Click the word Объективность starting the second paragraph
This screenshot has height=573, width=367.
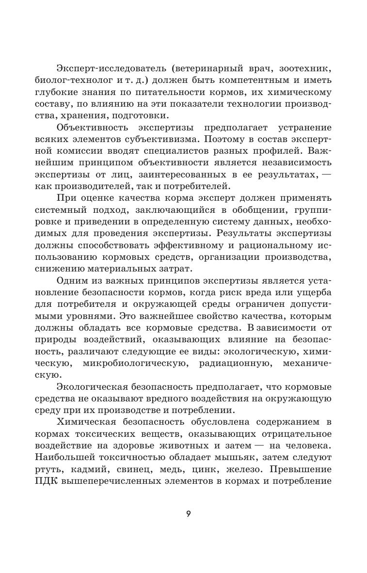click(93, 128)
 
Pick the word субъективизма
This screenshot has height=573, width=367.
click(135, 140)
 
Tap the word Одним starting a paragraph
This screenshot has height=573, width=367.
click(72, 280)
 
